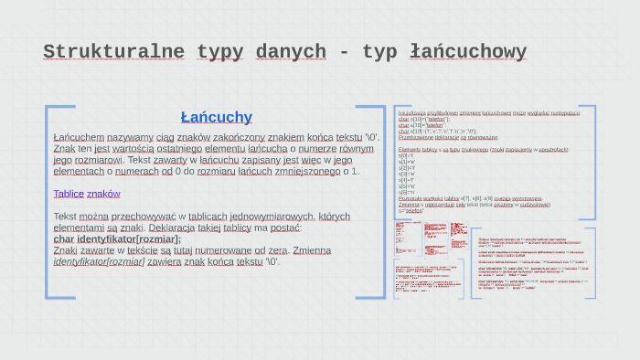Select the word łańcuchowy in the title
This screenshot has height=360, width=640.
(469, 51)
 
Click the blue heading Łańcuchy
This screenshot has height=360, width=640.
(216, 117)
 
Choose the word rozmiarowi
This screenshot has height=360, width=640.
(98, 160)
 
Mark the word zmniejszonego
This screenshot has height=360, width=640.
(309, 171)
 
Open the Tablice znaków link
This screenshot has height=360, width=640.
(87, 194)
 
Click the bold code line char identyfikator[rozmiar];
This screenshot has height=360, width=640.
(117, 239)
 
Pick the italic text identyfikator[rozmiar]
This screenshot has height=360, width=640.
(99, 261)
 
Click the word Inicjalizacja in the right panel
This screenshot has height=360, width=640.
(414, 112)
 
